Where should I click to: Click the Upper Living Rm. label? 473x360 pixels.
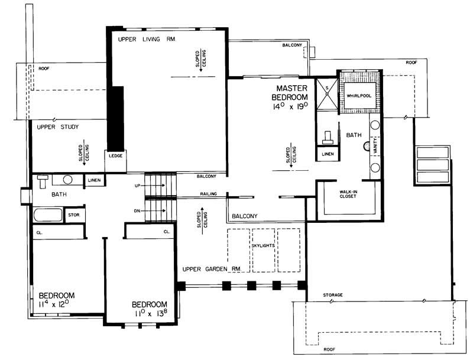[148, 39]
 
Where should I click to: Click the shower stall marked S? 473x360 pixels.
[325, 94]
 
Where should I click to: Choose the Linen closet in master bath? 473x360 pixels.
[328, 154]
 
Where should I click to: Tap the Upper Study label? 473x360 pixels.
[58, 127]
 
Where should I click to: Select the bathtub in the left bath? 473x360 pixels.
[47, 215]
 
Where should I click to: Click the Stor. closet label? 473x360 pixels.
[75, 215]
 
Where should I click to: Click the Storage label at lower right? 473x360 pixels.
[333, 294]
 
